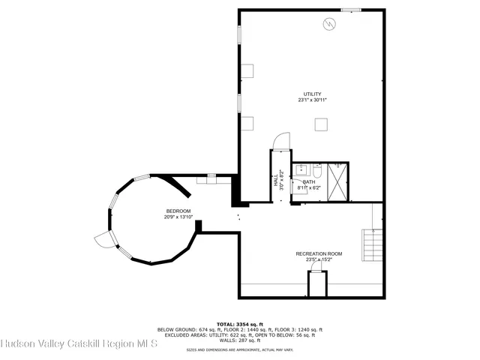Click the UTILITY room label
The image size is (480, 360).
(313, 94)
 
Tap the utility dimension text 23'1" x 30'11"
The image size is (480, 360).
(313, 100)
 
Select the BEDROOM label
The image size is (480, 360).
(178, 211)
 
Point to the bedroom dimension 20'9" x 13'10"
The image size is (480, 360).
(178, 217)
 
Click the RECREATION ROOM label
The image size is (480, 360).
(319, 254)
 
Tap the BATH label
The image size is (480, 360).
(309, 182)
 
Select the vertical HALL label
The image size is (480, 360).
(275, 181)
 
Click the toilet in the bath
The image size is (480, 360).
(317, 171)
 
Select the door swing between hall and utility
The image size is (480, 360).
(279, 141)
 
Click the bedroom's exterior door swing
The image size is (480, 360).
(103, 240)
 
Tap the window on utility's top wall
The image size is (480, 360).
(351, 10)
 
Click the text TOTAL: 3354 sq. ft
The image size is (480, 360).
(239, 323)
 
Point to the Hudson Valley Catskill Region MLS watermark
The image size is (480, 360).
(79, 344)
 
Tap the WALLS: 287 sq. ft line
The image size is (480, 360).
(239, 340)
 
